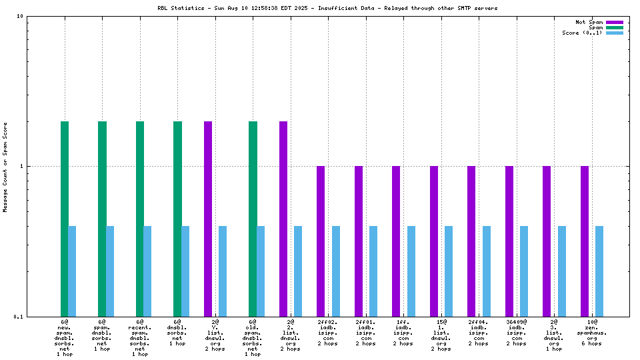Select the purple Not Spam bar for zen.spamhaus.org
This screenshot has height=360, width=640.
(x=585, y=241)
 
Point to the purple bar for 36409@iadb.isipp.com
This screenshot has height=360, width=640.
(x=509, y=241)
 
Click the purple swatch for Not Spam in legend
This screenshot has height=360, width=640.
(x=614, y=22)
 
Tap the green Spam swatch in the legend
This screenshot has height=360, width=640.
(x=614, y=27)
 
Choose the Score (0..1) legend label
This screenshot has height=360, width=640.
(x=582, y=33)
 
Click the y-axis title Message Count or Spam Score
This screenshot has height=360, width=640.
(x=5, y=167)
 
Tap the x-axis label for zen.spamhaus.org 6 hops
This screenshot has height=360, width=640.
(x=591, y=333)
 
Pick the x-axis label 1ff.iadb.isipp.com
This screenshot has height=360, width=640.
(x=403, y=333)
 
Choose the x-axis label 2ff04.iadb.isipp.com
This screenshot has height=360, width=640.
(x=478, y=333)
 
